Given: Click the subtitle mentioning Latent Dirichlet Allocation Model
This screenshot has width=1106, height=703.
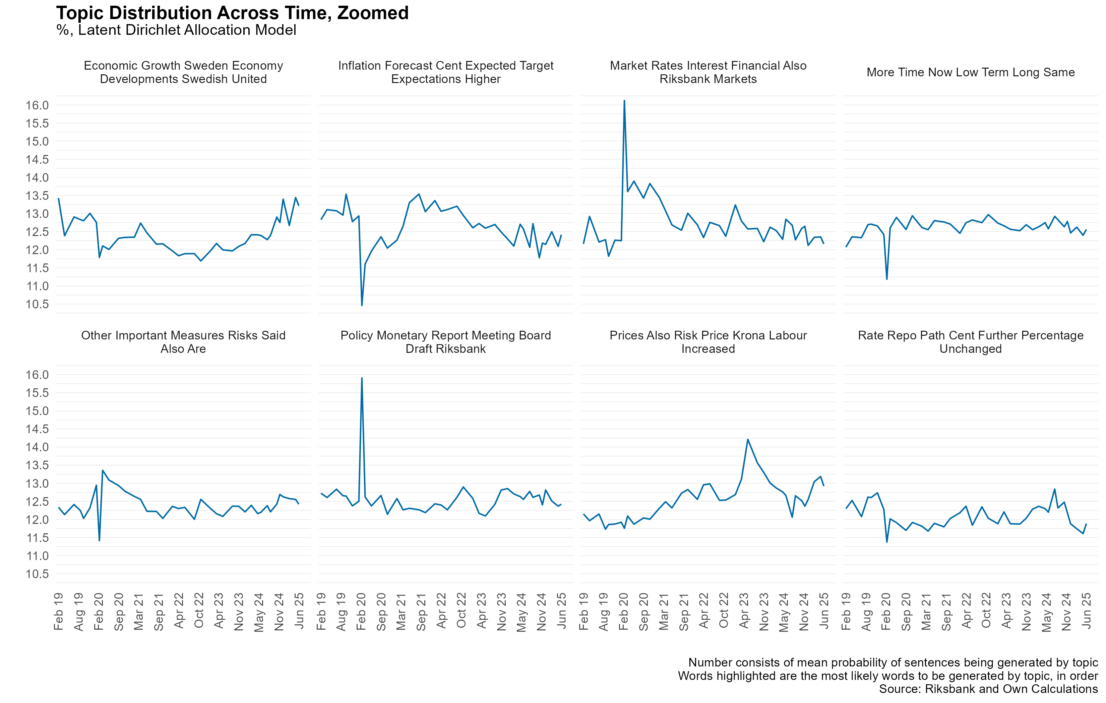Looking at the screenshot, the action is click(x=176, y=30).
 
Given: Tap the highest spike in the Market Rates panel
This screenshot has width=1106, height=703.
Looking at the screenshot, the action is click(x=624, y=100).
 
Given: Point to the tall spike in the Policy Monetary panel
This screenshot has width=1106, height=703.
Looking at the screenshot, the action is click(x=362, y=378).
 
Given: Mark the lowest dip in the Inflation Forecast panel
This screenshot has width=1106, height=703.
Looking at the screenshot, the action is click(x=362, y=305).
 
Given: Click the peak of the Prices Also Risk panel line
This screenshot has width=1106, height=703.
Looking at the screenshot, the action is click(x=748, y=440).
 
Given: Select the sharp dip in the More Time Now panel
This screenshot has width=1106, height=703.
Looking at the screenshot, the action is click(x=887, y=279).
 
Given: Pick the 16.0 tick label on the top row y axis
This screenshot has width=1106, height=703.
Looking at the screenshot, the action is click(x=37, y=105).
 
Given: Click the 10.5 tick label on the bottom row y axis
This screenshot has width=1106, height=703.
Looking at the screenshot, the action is click(x=37, y=574).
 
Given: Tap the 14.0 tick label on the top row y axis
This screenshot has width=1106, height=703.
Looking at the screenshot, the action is click(x=37, y=177).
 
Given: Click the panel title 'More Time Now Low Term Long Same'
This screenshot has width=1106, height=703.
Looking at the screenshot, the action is click(x=971, y=73).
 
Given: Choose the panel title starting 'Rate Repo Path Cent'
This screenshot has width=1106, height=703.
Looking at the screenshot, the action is click(x=971, y=342).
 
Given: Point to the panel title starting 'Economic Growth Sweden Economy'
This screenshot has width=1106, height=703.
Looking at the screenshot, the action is click(x=183, y=72).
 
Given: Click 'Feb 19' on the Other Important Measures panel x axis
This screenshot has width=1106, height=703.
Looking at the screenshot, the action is click(x=58, y=611).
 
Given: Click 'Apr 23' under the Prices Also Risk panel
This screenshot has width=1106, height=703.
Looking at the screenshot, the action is click(x=744, y=610).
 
